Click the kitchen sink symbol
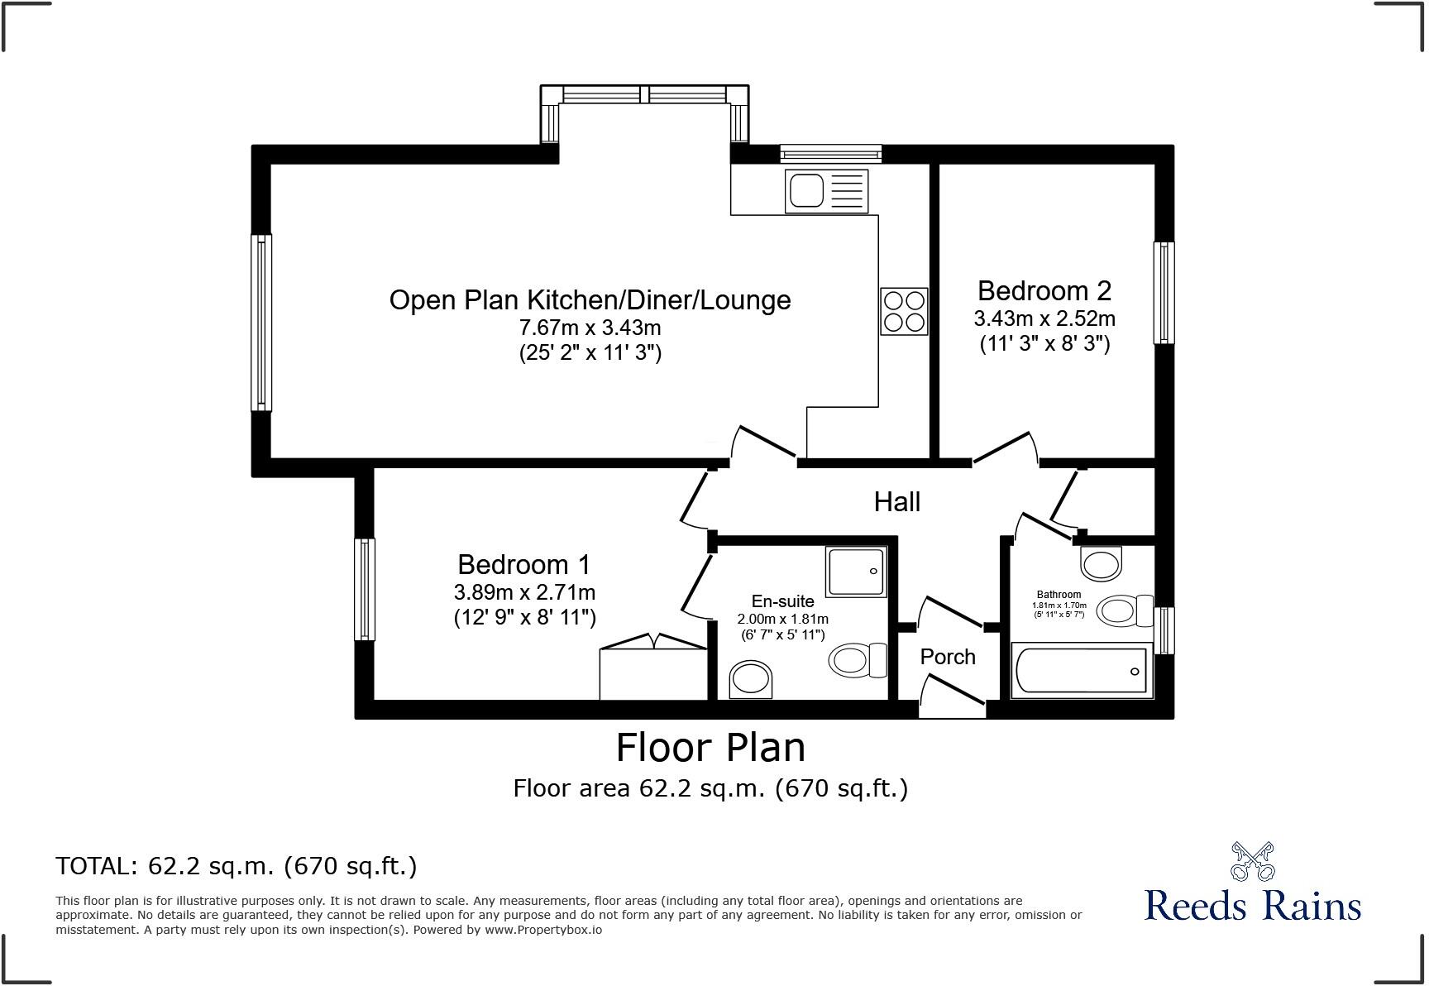tap(827, 191)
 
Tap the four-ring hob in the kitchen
tap(904, 311)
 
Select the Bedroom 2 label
tap(1044, 291)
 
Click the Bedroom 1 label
tap(524, 565)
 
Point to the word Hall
tap(897, 502)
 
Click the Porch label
tap(948, 657)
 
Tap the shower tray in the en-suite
tap(856, 571)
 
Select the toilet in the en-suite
tap(856, 660)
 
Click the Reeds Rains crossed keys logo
tap(1252, 862)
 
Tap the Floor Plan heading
tap(710, 748)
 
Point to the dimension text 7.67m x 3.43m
tap(590, 328)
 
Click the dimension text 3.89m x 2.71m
tap(524, 592)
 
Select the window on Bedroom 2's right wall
tap(1164, 293)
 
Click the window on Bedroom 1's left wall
tap(365, 589)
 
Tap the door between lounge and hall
tap(762, 442)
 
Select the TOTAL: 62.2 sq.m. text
tap(237, 866)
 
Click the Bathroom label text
tap(1059, 595)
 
